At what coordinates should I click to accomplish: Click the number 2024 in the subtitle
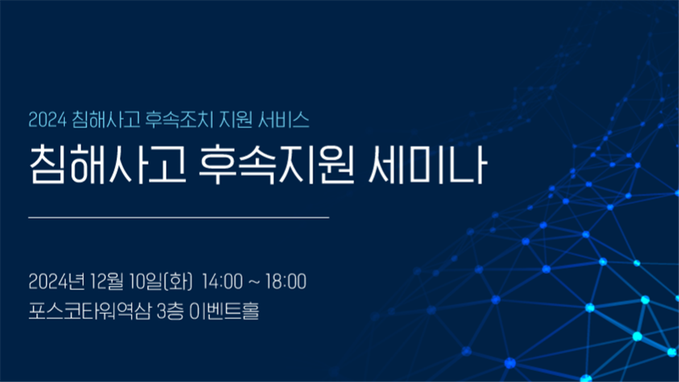(47, 120)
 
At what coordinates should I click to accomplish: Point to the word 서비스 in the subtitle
(284, 120)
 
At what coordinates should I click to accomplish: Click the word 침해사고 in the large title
(108, 165)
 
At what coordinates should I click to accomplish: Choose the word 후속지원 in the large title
(277, 165)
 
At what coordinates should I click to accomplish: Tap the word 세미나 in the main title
(428, 165)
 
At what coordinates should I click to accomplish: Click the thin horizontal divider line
(178, 217)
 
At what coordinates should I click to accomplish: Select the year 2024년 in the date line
(57, 282)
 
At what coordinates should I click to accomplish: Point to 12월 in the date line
(107, 282)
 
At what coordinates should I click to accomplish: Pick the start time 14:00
(222, 282)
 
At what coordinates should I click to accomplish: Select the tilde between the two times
(254, 282)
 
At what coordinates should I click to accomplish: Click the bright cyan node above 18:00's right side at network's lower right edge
(637, 336)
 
